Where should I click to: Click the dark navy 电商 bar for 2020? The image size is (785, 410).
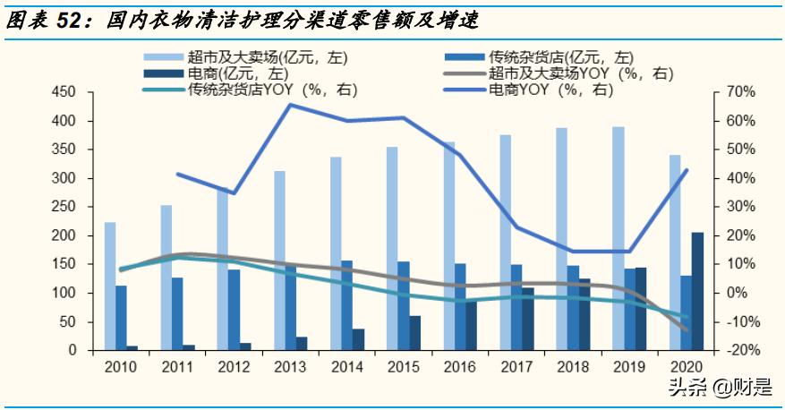[x=696, y=291]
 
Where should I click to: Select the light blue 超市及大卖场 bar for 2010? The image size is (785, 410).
[x=109, y=286]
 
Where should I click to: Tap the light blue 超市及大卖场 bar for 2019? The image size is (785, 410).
[x=618, y=238]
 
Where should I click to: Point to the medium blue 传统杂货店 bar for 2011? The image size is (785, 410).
[x=177, y=313]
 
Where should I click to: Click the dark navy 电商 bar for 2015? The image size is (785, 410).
[x=414, y=332]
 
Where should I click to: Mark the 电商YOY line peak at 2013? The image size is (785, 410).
[x=290, y=105]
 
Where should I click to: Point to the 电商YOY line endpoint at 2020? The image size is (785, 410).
[x=687, y=170]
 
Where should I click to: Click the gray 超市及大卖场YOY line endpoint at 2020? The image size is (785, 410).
[x=687, y=330]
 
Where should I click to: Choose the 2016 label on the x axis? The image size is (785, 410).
[x=460, y=366]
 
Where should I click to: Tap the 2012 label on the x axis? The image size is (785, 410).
[x=234, y=366]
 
